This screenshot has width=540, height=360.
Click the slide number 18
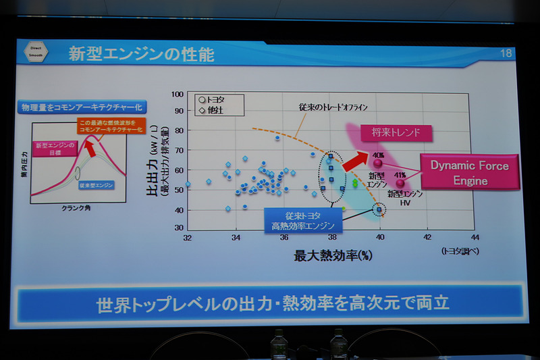[506, 53]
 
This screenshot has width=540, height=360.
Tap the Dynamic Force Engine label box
[470, 172]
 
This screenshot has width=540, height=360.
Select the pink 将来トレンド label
[396, 133]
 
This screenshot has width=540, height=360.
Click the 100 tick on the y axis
[178, 96]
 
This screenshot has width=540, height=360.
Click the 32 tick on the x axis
[188, 237]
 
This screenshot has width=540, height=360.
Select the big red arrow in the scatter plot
[354, 163]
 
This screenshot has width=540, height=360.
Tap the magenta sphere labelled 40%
[377, 163]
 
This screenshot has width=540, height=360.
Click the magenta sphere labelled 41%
[401, 182]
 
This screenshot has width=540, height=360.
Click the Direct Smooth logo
[36, 53]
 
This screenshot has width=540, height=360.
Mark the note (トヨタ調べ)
[460, 251]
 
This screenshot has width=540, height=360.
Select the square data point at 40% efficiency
[379, 210]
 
